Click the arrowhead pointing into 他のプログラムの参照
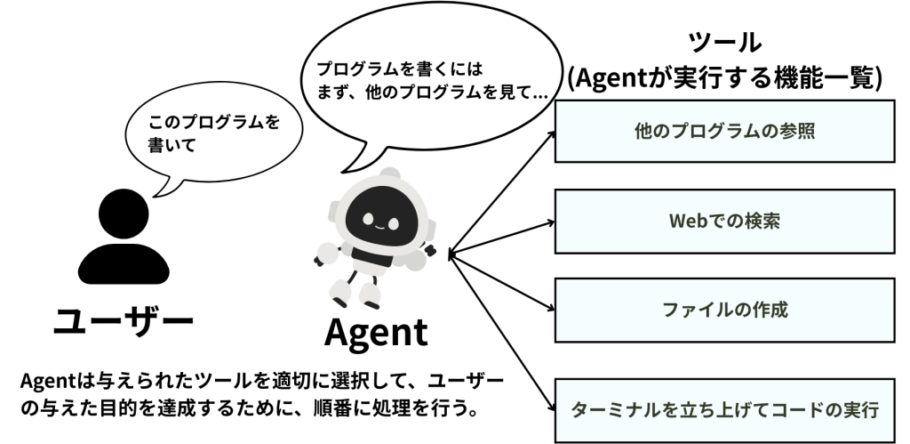[x=550, y=135]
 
